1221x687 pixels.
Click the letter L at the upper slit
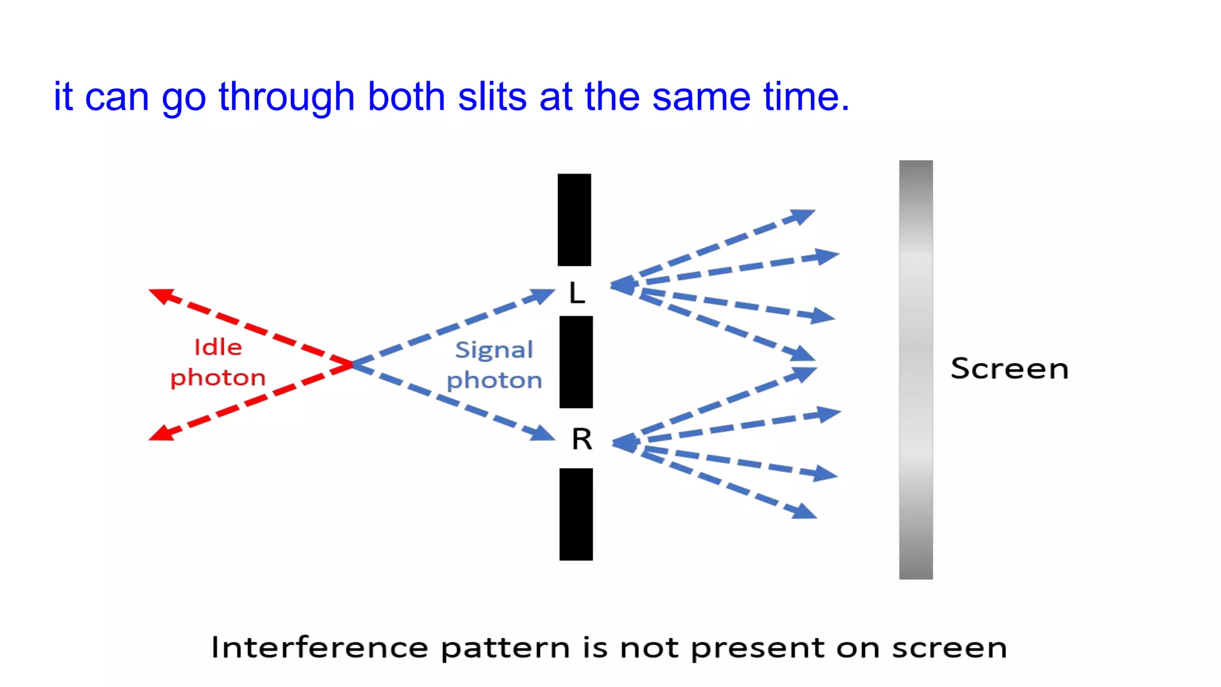[x=577, y=293]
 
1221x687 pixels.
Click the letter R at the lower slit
[x=581, y=440]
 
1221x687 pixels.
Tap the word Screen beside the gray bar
[x=1009, y=369]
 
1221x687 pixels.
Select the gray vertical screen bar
[x=915, y=370]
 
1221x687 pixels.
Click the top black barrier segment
[x=574, y=219]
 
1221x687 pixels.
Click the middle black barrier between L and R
[x=576, y=362]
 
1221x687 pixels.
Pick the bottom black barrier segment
[x=576, y=514]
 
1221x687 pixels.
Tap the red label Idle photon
[x=218, y=363]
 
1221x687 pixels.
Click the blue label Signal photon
[x=494, y=365]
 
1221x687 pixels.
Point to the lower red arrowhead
[x=160, y=434]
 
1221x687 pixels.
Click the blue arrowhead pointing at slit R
[x=543, y=433]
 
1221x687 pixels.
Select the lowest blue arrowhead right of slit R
[x=804, y=512]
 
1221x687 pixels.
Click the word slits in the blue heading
[x=492, y=97]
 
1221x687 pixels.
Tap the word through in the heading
[x=286, y=97]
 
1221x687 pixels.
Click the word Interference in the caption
[x=320, y=648]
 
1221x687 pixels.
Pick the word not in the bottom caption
[x=649, y=648]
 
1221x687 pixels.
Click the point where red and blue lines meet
[x=352, y=364]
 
